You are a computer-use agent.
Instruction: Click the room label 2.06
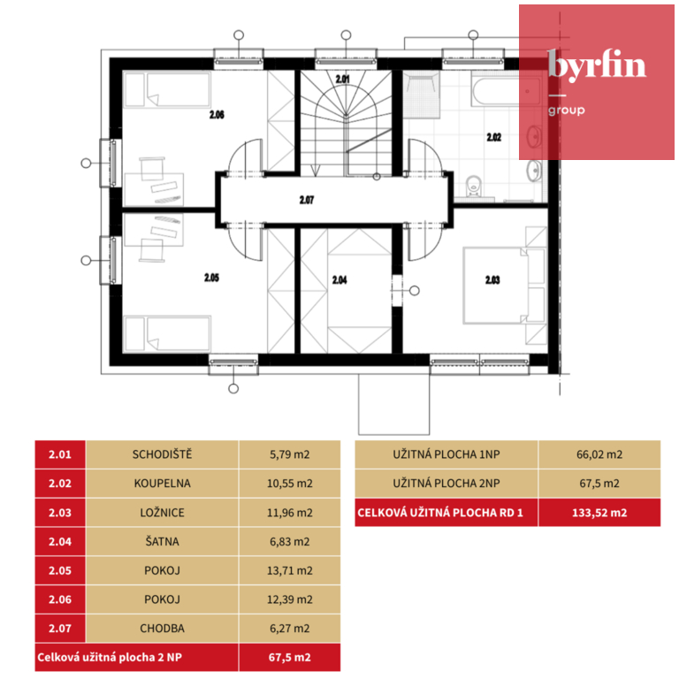pyautogui.click(x=217, y=115)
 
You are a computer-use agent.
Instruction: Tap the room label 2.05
pyautogui.click(x=212, y=278)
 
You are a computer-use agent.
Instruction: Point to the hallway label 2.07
pyautogui.click(x=307, y=200)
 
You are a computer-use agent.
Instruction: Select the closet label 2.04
pyautogui.click(x=339, y=280)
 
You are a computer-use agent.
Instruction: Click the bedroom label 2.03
pyautogui.click(x=492, y=280)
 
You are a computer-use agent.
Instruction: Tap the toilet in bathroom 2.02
pyautogui.click(x=474, y=187)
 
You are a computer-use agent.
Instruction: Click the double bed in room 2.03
pyautogui.click(x=496, y=286)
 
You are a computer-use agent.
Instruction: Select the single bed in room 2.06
pyautogui.click(x=168, y=90)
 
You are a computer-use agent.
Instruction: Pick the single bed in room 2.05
pyautogui.click(x=168, y=333)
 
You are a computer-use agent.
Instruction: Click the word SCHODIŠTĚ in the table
pyautogui.click(x=162, y=454)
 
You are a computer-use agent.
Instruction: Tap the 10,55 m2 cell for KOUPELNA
pyautogui.click(x=290, y=484)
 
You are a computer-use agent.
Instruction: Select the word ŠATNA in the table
pyautogui.click(x=162, y=542)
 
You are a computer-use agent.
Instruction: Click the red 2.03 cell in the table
pyautogui.click(x=60, y=513)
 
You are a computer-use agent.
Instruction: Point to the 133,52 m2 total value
pyautogui.click(x=599, y=513)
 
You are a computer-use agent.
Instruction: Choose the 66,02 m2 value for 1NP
pyautogui.click(x=599, y=454)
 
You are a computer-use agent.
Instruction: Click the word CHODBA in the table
pyautogui.click(x=162, y=629)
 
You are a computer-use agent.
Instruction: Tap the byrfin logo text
pyautogui.click(x=597, y=65)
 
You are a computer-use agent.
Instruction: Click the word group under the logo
pyautogui.click(x=567, y=111)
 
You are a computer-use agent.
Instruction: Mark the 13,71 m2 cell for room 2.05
pyautogui.click(x=290, y=571)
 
